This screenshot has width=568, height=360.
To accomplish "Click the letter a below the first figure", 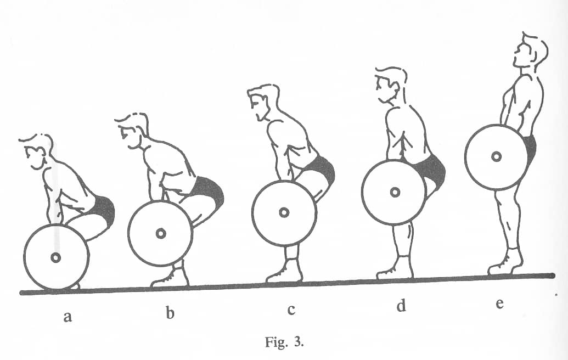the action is point(68,317).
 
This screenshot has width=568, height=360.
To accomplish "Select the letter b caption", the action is point(170,313).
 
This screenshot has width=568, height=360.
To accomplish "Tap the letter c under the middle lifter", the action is point(291,310).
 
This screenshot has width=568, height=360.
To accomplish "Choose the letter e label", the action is point(499,303).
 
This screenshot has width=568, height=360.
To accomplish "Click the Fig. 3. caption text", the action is point(284,342).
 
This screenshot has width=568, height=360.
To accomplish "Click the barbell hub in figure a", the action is point(56,257).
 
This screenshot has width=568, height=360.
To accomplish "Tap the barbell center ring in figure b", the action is point(161,234).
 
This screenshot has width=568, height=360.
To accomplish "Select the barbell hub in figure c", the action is point(284,212).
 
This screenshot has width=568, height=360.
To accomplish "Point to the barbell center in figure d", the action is point(395,192).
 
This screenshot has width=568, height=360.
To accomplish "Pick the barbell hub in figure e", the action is point(496,157).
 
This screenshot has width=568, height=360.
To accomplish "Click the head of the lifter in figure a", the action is point(37,151).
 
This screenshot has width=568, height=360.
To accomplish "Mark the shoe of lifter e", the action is point(505,262).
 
